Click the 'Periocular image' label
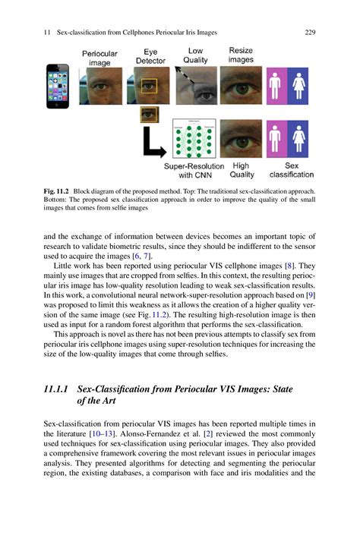click(99, 58)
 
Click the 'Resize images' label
click(241, 55)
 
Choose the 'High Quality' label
click(241, 169)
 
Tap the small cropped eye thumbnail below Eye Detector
click(150, 114)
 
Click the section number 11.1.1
click(59, 389)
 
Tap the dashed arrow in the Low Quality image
click(186, 77)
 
